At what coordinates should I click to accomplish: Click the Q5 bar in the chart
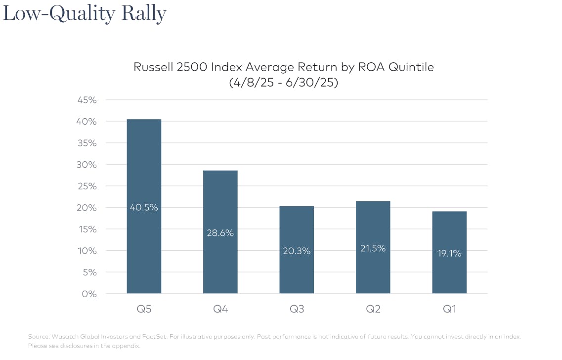click(144, 247)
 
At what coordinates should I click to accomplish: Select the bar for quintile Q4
click(220, 262)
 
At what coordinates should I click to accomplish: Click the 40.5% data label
click(144, 208)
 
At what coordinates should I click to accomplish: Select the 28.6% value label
click(220, 233)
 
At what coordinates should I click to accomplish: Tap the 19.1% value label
click(449, 253)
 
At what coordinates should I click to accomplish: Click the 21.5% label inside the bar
click(373, 249)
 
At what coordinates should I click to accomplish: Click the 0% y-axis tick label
click(89, 294)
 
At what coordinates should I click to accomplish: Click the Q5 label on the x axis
click(144, 310)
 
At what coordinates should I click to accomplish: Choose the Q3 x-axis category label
click(297, 310)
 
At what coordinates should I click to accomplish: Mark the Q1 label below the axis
click(449, 310)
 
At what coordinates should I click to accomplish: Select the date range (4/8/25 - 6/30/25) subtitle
click(283, 83)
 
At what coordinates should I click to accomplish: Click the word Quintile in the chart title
click(411, 67)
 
